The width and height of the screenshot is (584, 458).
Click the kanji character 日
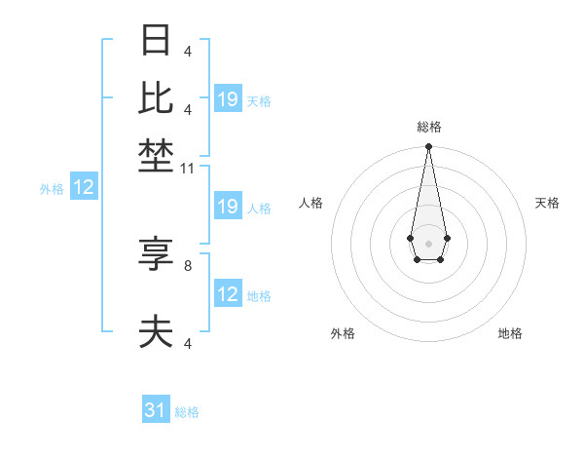(157, 41)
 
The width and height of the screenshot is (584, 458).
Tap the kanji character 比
(157, 97)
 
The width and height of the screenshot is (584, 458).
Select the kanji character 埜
(157, 154)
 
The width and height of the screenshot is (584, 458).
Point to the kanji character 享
(157, 254)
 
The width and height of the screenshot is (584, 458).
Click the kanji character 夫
(157, 332)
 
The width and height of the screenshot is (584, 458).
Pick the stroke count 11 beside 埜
(189, 169)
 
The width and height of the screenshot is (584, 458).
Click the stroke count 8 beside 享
(187, 264)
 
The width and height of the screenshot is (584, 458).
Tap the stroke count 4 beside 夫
(187, 343)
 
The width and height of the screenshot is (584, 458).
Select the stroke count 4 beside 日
(187, 51)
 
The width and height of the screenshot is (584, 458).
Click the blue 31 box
(156, 410)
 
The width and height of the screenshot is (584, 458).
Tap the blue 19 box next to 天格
(228, 99)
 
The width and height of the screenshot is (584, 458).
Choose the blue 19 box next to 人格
(228, 207)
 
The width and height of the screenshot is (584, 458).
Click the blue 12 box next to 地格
(228, 294)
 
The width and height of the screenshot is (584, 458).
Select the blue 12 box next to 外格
(84, 188)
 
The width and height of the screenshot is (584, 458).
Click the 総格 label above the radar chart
(428, 127)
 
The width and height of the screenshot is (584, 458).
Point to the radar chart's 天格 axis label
(547, 203)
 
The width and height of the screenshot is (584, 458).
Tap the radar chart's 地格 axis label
(510, 333)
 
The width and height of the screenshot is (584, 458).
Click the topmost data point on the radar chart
(428, 147)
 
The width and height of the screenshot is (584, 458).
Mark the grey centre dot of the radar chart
(428, 243)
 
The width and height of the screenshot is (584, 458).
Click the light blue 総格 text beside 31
(187, 412)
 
